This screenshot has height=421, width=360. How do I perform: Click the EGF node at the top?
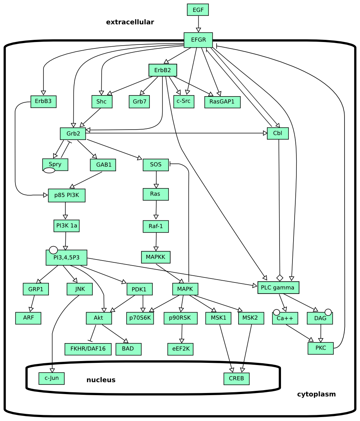point(198,10)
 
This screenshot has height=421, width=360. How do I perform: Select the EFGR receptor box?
point(198,40)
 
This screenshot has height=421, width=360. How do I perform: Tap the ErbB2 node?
point(162,70)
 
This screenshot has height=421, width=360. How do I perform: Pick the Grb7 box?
point(139,102)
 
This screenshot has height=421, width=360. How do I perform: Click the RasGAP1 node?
point(222,102)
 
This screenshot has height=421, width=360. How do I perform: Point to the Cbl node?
point(277,133)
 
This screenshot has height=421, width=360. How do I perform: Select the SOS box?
point(156,165)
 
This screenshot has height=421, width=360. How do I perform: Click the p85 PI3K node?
point(66,195)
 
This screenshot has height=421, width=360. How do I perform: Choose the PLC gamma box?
point(278,287)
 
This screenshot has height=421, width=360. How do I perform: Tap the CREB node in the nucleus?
point(236,378)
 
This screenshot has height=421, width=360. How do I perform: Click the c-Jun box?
point(51,378)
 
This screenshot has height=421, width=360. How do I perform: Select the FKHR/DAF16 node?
point(88,349)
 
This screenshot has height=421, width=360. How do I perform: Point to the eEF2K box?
point(180,349)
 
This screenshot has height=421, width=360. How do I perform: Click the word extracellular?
point(130,22)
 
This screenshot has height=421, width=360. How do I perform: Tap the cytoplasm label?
point(316,394)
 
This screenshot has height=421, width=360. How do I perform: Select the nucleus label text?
point(101,380)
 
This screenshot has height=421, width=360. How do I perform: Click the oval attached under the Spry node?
point(49,170)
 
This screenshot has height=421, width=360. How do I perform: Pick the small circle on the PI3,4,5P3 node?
point(53,250)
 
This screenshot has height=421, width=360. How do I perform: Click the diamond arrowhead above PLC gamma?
point(280,277)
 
